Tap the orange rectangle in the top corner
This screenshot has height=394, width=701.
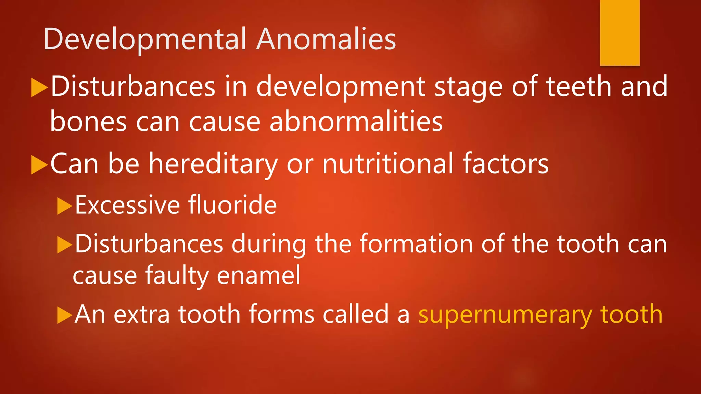tap(620, 32)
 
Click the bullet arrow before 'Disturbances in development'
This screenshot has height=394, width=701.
tap(39, 88)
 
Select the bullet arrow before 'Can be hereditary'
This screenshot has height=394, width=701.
tap(39, 165)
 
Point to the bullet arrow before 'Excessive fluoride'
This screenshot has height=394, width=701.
tap(64, 206)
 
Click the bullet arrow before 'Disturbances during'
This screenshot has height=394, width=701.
tap(64, 245)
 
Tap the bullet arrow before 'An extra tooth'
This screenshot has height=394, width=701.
tap(64, 315)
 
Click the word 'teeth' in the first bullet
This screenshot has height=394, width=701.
tap(578, 87)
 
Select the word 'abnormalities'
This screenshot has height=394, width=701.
tap(356, 122)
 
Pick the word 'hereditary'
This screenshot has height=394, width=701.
tap(213, 165)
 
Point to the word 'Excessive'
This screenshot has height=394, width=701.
tap(127, 205)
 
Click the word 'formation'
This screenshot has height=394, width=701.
tap(416, 244)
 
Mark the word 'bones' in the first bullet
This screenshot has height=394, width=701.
tap(88, 122)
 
